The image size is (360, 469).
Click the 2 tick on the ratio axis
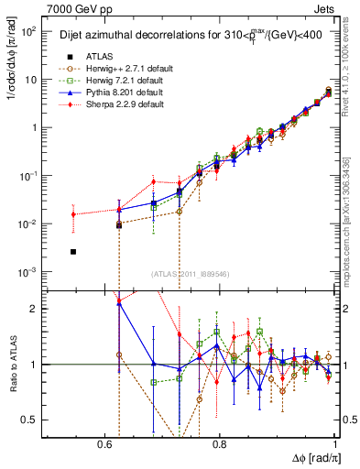[x=35, y=309]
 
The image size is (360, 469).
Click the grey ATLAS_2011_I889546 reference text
[x=190, y=274]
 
